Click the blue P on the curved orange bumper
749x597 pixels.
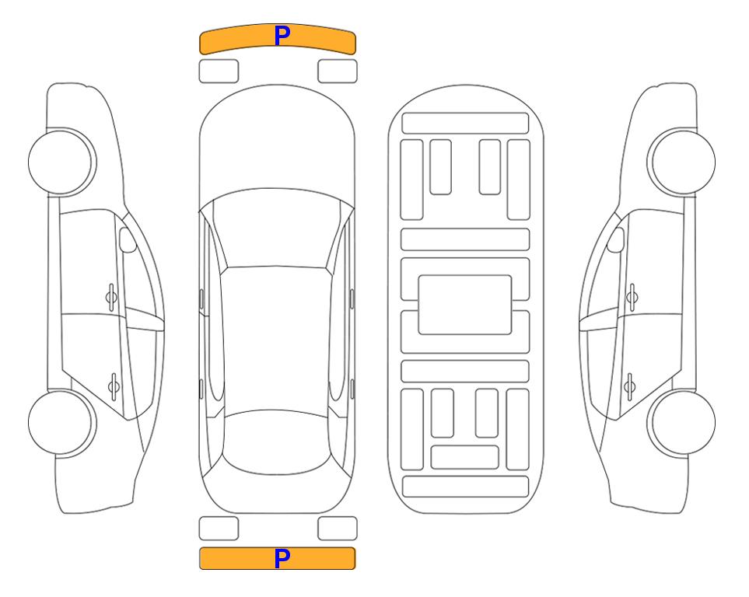(282, 36)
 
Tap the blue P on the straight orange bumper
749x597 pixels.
(282, 558)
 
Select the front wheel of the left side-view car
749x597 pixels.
(61, 162)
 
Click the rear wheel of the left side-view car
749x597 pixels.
(61, 422)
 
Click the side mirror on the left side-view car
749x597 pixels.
(128, 239)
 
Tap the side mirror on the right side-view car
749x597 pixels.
(616, 239)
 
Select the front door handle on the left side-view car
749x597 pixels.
(111, 297)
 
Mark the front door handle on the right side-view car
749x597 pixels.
(632, 297)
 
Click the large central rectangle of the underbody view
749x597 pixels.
(465, 305)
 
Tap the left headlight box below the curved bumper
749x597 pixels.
(219, 72)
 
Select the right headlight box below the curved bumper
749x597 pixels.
(338, 72)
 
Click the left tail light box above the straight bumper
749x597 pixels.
(219, 529)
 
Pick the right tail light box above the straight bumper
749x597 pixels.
(338, 529)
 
